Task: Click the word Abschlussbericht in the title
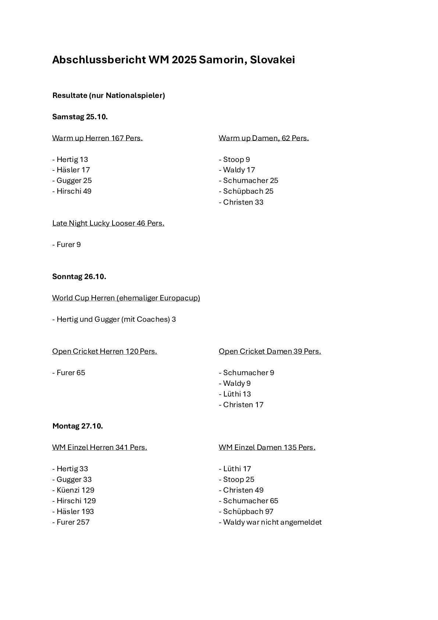(99, 60)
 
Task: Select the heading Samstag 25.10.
(80, 117)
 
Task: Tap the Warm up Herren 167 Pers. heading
(97, 138)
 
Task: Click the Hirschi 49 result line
(72, 191)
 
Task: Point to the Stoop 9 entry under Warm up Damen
(234, 159)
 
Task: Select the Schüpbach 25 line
(246, 191)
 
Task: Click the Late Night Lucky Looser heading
(108, 223)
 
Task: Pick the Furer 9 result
(67, 244)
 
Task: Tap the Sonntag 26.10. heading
(79, 276)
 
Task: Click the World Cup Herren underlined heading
(126, 298)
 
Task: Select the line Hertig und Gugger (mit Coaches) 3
(114, 319)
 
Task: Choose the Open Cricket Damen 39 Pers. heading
(270, 351)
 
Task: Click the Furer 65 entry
(69, 373)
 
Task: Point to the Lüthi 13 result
(235, 394)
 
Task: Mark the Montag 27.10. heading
(78, 426)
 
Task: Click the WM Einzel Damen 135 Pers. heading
(267, 447)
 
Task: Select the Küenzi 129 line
(74, 490)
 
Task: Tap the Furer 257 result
(71, 522)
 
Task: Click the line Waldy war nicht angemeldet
(270, 522)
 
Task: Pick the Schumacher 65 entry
(249, 501)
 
